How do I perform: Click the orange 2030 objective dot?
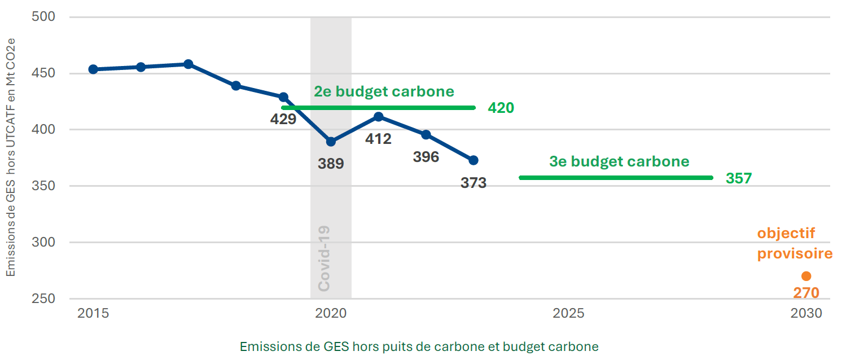[806, 276]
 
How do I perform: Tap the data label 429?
[283, 119]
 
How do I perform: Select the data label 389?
[331, 164]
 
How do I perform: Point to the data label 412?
[378, 139]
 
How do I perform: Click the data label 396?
[426, 157]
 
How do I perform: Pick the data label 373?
[473, 183]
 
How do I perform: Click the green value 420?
[501, 108]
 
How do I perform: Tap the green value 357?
[739, 178]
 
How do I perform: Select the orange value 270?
[806, 293]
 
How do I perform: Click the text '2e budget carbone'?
[384, 91]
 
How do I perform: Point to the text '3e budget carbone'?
[619, 161]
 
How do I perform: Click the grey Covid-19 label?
[324, 259]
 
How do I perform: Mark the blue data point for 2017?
[189, 64]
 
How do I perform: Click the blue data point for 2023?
[474, 160]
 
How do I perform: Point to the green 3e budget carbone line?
[616, 178]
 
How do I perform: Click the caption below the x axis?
[419, 346]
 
